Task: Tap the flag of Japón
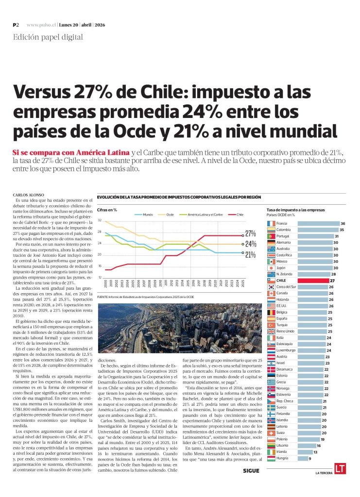pos(271,268)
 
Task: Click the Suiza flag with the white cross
pos(271,432)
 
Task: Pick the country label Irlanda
pos(282,451)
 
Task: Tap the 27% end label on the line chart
pos(251,233)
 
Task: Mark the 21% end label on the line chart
pos(251,254)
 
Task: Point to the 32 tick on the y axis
pos(100,220)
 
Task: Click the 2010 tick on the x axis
pos(160,283)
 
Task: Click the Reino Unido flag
pos(271,331)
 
